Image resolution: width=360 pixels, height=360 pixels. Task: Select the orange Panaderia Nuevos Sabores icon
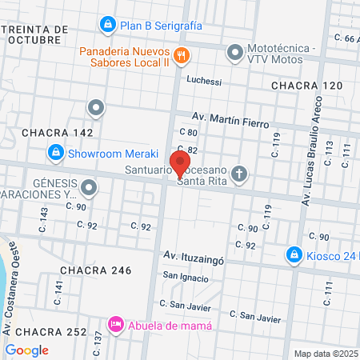(182, 55)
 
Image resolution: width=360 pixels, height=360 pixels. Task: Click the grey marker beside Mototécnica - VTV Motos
(234, 54)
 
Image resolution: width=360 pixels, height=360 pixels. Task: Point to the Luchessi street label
(203, 81)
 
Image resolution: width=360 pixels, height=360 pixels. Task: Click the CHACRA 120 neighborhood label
(306, 85)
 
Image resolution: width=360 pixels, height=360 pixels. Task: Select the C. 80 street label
(189, 133)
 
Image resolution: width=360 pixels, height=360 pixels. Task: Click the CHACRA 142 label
(58, 132)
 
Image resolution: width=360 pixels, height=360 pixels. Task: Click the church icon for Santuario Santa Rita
(241, 174)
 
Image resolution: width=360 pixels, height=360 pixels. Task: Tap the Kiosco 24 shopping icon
(294, 256)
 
